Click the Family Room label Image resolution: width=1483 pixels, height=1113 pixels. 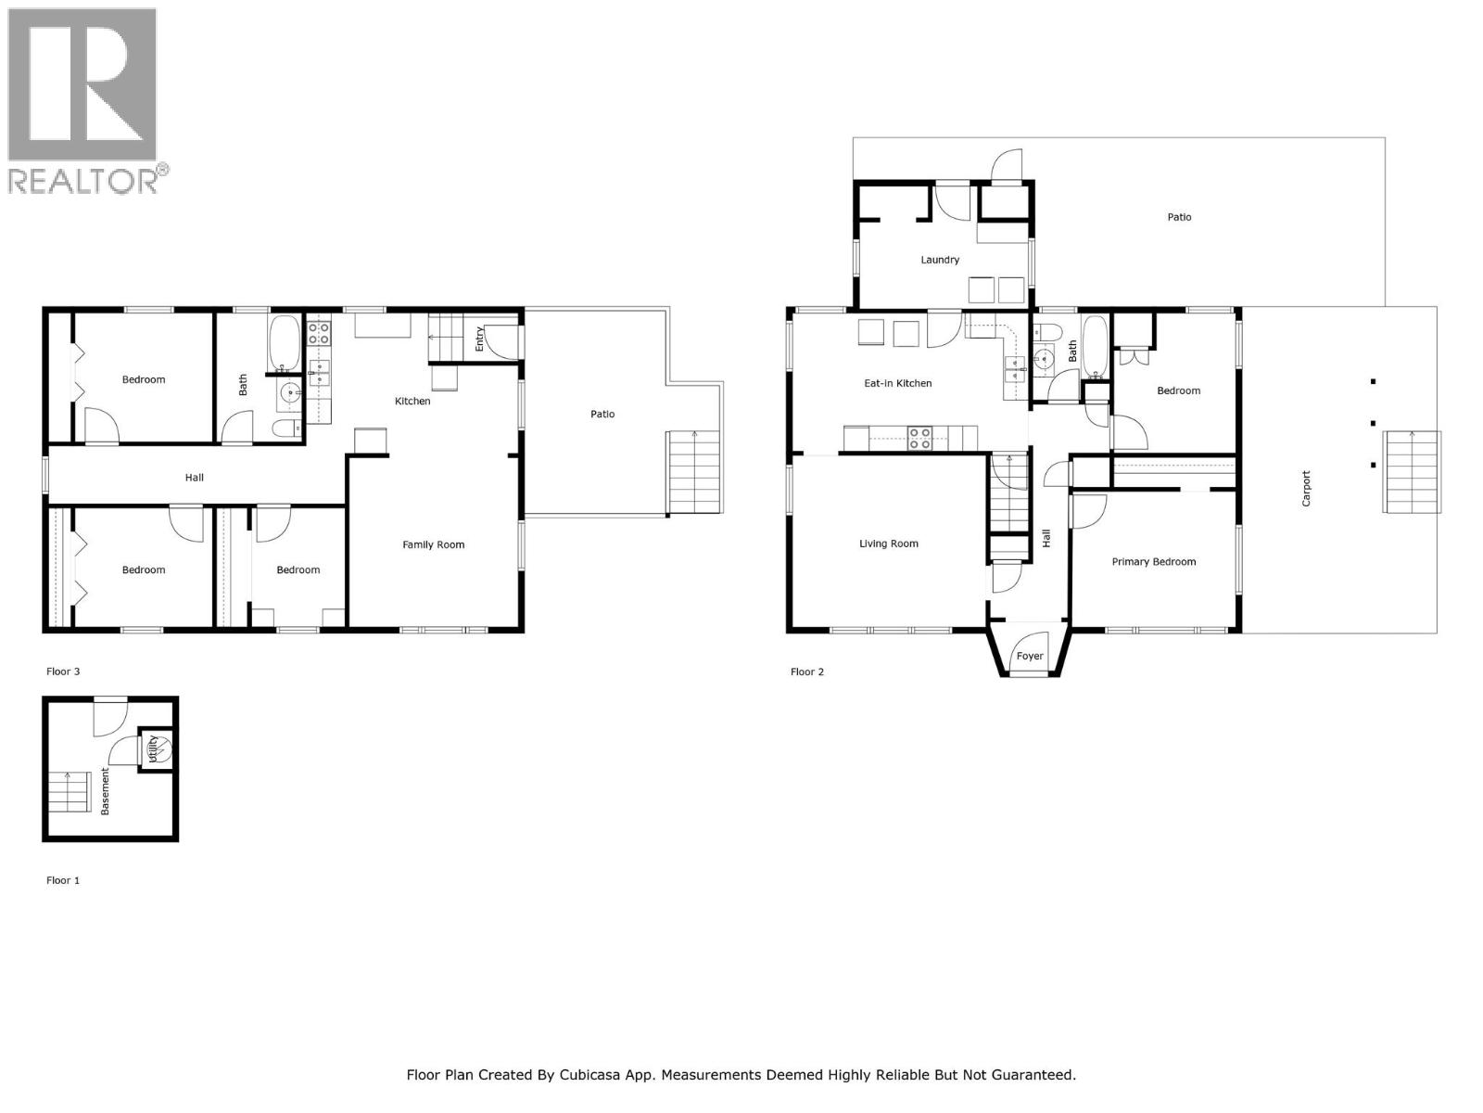(433, 544)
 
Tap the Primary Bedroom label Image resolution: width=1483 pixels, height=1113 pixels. (1153, 561)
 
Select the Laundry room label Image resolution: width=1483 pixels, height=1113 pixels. (940, 260)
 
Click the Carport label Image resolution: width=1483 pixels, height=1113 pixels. (1306, 489)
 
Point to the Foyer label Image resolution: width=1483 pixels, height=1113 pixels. (1030, 656)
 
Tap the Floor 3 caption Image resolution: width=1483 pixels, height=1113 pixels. (63, 671)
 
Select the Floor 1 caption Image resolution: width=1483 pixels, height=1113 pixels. (63, 880)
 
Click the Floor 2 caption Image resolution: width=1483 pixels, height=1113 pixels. (806, 672)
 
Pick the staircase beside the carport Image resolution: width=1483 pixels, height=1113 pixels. (1413, 471)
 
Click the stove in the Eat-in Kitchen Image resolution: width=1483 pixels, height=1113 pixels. (919, 437)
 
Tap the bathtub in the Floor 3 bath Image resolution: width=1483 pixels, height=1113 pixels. (285, 342)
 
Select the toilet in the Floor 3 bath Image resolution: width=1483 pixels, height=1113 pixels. (286, 428)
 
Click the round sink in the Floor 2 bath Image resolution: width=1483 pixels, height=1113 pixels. (1044, 357)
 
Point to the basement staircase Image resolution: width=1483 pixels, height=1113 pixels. (68, 792)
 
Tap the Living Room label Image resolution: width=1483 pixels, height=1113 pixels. (888, 544)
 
